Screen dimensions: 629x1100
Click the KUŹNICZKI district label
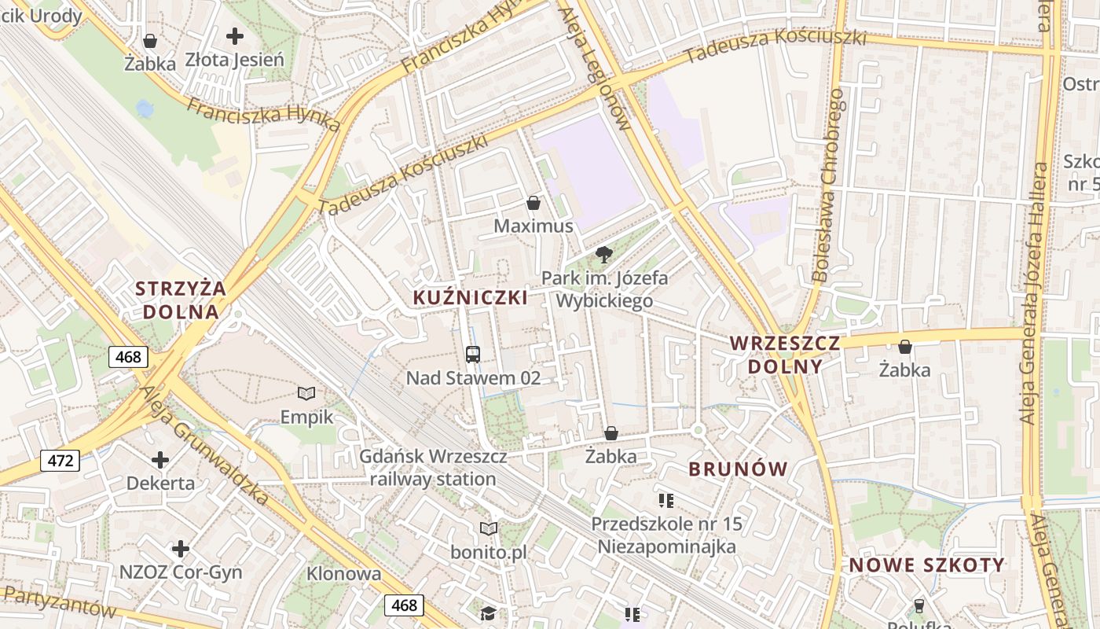(470, 298)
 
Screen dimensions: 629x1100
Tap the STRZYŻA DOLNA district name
(180, 300)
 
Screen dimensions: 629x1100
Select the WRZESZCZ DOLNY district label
(785, 355)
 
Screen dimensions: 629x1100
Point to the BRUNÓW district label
(738, 469)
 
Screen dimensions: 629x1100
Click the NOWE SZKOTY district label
(926, 565)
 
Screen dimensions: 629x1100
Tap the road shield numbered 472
(60, 460)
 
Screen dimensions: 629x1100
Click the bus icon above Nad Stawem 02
(472, 354)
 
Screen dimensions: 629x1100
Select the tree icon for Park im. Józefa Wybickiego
(603, 254)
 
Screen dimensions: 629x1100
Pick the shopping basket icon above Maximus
(533, 203)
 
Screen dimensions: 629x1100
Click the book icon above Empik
(306, 393)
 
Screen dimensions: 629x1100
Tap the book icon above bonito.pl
(489, 528)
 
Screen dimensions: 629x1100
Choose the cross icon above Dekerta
(160, 459)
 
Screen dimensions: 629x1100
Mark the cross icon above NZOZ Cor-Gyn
(181, 548)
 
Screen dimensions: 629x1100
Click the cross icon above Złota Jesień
(234, 35)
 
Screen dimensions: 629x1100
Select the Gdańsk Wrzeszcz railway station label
(433, 467)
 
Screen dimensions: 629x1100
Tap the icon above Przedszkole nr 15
(666, 500)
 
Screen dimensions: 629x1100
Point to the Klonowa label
(343, 573)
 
